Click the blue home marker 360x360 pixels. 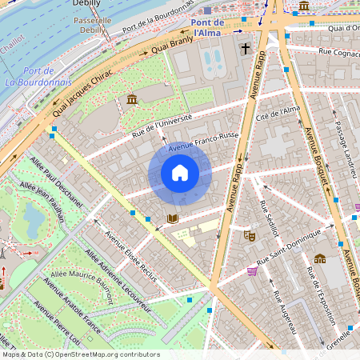coord(180,173)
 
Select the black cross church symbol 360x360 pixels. coord(245,50)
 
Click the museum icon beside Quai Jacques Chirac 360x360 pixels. coord(132,99)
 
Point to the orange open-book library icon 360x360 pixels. coord(172,218)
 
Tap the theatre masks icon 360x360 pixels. coord(250,236)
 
